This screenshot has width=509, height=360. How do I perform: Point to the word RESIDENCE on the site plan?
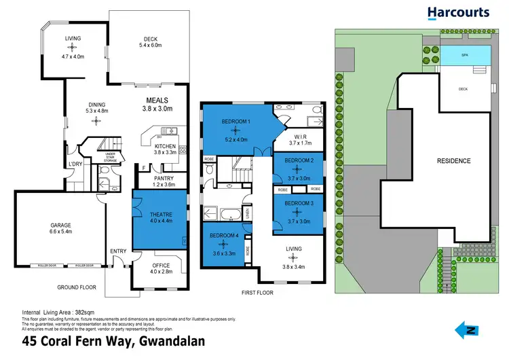point(452,161)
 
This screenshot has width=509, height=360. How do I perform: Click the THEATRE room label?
point(160,215)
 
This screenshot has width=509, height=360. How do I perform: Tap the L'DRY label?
point(75,165)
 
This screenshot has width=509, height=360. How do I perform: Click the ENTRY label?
point(118,251)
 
